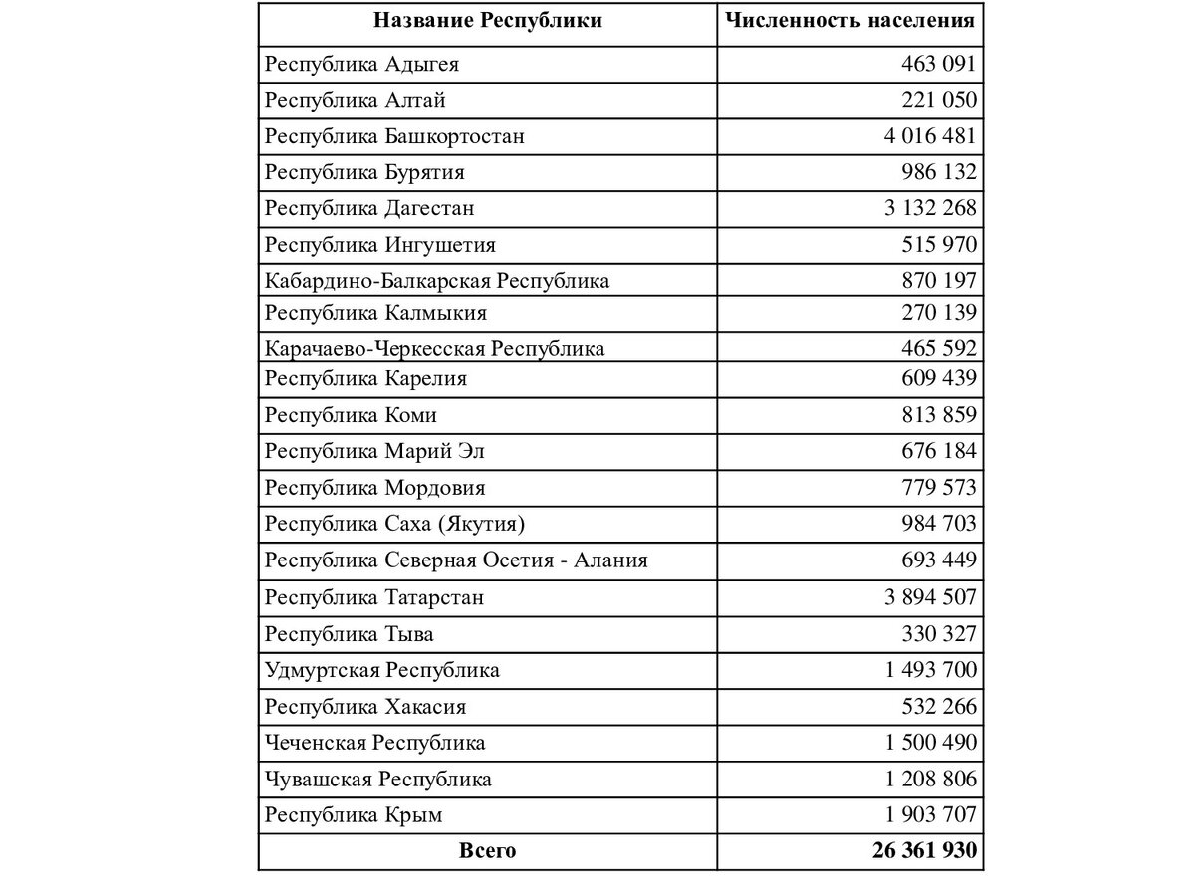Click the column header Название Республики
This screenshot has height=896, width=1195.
pos(487,21)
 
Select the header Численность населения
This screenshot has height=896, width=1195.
pos(849,21)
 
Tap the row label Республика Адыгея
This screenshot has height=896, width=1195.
pos(361,65)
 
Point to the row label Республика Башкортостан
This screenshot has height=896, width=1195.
pos(394,136)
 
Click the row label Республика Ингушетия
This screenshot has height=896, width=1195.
pos(379,245)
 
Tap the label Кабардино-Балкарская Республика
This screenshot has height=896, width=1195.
pos(437,281)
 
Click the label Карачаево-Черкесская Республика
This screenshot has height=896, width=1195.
pos(434,349)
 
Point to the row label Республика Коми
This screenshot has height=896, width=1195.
pos(351,415)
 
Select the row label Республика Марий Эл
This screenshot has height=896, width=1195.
pos(374,452)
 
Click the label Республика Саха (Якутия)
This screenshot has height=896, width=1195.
pos(396,524)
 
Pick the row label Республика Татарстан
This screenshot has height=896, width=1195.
pos(374,597)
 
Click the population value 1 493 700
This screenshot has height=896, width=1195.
pos(930,670)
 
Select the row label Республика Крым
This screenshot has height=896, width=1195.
pos(354,815)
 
